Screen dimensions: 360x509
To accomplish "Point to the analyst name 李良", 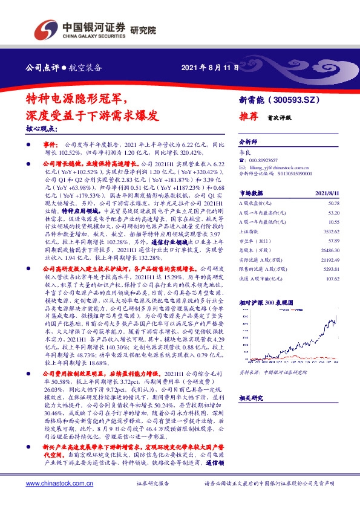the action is [x=245, y=154].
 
